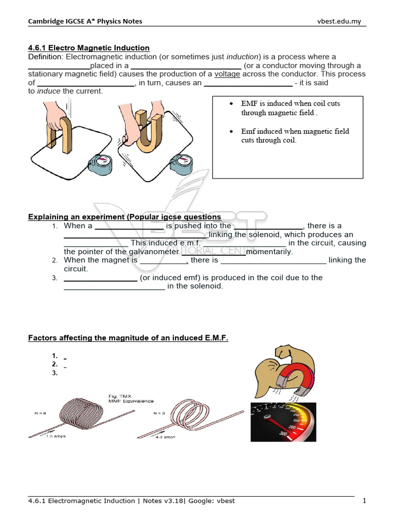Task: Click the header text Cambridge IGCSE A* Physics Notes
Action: [85, 21]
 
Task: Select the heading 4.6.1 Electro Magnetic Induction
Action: [88, 48]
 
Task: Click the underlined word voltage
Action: [227, 74]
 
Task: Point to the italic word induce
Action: [49, 91]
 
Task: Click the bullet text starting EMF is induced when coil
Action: [290, 108]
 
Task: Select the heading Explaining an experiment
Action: [124, 217]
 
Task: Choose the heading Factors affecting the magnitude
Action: [128, 338]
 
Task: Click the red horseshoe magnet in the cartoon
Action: [291, 380]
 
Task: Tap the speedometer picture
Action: [283, 422]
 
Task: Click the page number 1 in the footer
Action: [364, 501]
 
